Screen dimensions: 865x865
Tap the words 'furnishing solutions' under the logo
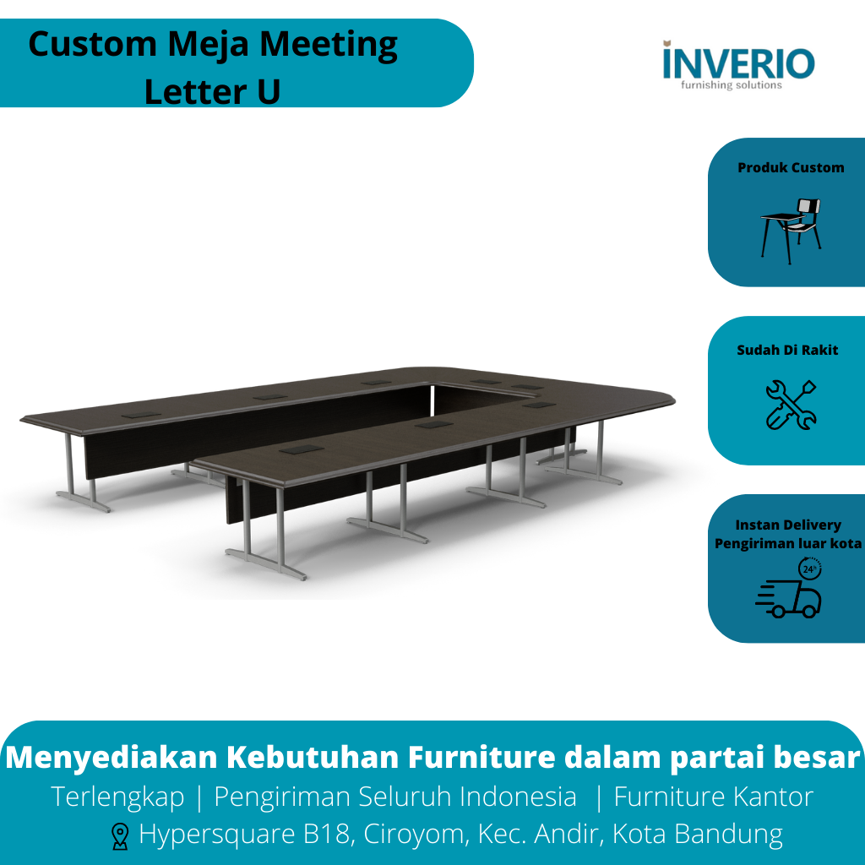(732, 85)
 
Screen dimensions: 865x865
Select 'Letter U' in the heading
(212, 91)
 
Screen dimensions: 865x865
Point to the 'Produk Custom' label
(791, 167)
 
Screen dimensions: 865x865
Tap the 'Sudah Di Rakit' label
(787, 350)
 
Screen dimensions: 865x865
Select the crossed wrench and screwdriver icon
(791, 404)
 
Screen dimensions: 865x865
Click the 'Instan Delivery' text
(788, 525)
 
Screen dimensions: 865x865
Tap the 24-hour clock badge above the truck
(809, 569)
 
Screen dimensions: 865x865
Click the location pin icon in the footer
(120, 836)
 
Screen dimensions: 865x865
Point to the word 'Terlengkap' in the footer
(117, 797)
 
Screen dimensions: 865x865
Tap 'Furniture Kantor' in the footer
(713, 797)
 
